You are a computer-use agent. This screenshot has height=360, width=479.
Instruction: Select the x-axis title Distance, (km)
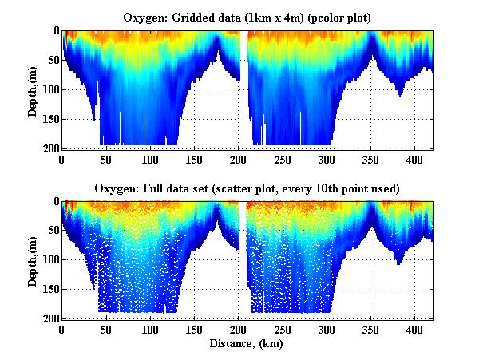(x=247, y=344)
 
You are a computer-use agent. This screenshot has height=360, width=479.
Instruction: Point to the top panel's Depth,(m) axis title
(x=34, y=89)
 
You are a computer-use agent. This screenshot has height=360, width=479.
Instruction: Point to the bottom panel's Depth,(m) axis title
(x=34, y=259)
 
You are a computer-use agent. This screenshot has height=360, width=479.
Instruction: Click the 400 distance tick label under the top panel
(x=414, y=159)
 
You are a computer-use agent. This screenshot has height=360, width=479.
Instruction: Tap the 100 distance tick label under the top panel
(x=149, y=159)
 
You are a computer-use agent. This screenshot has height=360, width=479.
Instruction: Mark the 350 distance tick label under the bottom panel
(x=370, y=329)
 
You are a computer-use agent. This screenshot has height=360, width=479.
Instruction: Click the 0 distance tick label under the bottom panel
(x=61, y=329)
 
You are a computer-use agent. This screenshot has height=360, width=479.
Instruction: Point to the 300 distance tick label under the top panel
(x=326, y=159)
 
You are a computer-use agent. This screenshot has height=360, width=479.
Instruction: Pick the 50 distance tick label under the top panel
(x=105, y=159)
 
